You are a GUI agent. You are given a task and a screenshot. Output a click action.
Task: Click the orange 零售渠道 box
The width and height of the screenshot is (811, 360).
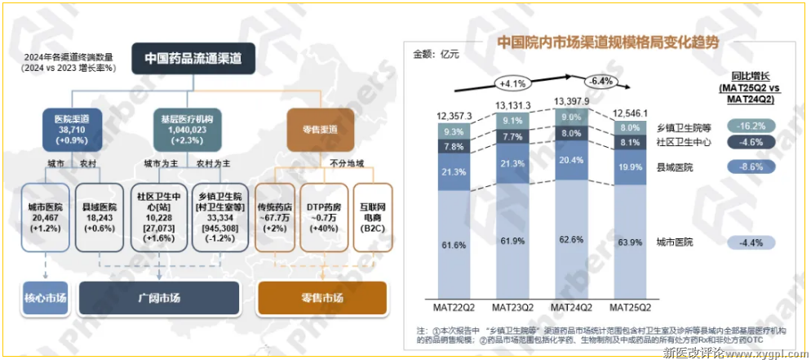[313, 131]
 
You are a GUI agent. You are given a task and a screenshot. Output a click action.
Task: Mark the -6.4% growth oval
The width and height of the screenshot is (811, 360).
[601, 82]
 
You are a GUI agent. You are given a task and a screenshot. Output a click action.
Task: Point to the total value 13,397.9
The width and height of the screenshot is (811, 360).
[572, 100]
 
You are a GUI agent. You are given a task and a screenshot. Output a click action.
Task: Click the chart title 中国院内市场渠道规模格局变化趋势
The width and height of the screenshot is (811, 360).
[607, 42]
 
